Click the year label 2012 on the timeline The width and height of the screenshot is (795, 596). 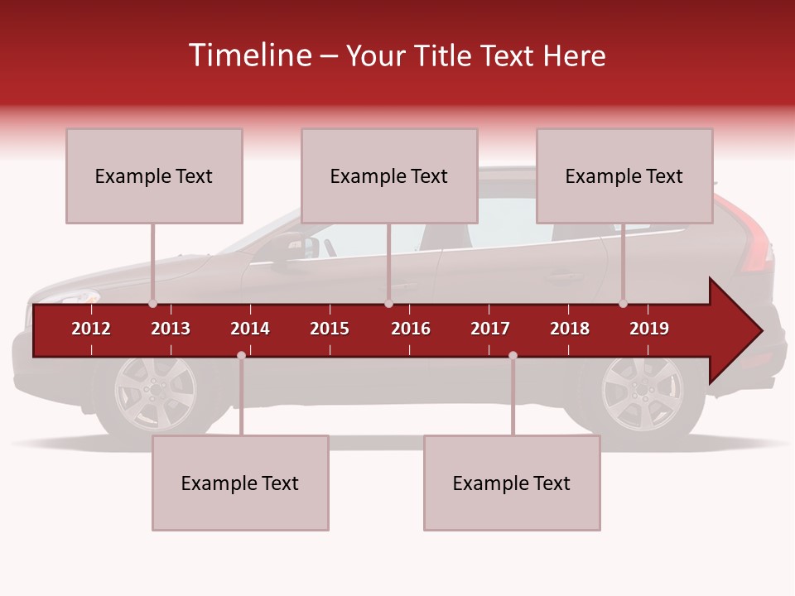(x=91, y=329)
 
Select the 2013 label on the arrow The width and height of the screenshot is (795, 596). (x=171, y=329)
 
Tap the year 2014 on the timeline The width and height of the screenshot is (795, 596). (x=250, y=329)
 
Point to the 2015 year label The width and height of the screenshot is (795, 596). (x=330, y=329)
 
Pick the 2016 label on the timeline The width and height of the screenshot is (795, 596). (x=411, y=329)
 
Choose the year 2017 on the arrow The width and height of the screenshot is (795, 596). (x=490, y=329)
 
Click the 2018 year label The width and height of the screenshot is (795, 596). (x=570, y=329)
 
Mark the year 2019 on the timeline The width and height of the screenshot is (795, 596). (x=649, y=329)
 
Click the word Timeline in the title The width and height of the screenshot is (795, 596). (x=248, y=55)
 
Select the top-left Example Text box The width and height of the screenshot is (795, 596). (x=154, y=175)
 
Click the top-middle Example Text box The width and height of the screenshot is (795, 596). (x=389, y=175)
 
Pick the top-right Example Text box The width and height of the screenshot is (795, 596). (x=624, y=175)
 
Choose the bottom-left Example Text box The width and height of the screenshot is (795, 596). (x=240, y=483)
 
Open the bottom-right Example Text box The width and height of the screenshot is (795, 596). (x=512, y=483)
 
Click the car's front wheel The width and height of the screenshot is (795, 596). (x=156, y=392)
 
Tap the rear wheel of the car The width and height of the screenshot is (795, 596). (x=641, y=392)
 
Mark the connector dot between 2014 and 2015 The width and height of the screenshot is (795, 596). (x=241, y=355)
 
